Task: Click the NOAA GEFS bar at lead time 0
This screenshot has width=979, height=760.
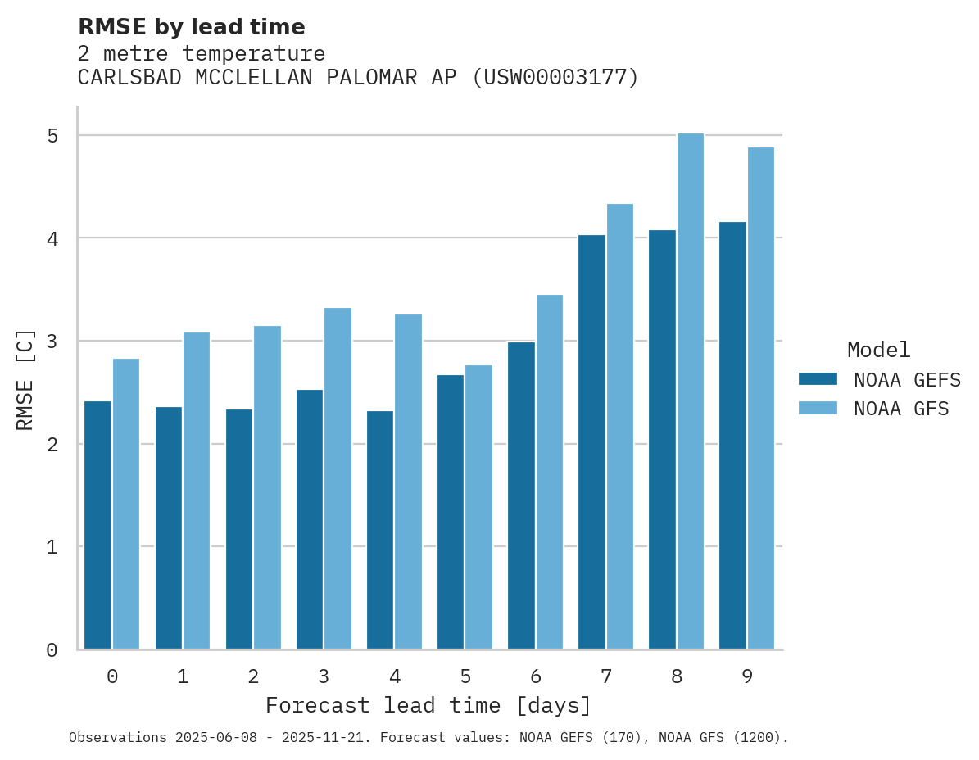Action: [98, 525]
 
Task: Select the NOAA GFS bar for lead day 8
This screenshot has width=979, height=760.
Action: [691, 391]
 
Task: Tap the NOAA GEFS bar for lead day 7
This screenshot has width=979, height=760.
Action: [591, 442]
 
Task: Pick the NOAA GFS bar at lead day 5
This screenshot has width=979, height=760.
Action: [479, 507]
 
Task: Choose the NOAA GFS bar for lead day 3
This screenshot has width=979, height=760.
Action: [338, 478]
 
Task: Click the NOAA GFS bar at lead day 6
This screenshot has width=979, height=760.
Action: [550, 472]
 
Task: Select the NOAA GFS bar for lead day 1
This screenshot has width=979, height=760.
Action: [197, 491]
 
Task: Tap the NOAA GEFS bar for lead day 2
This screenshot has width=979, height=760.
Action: [239, 529]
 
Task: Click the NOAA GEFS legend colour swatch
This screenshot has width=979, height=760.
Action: [818, 379]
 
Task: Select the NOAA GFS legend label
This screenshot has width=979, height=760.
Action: [901, 409]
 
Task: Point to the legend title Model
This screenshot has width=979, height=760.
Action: [878, 351]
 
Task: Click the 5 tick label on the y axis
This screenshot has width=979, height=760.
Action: [52, 135]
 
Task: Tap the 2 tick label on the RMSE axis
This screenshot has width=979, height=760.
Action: [52, 444]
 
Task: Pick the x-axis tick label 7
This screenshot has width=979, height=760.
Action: [606, 677]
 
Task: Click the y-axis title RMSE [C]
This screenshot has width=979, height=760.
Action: [26, 379]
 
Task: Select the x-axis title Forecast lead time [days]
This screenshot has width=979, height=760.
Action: [428, 705]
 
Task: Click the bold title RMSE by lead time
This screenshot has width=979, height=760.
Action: [191, 27]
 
